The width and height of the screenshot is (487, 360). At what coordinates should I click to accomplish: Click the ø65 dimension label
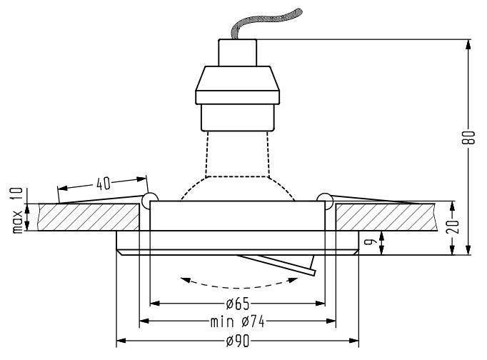(x=238, y=304)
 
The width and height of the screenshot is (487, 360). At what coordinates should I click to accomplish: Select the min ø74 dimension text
(x=238, y=321)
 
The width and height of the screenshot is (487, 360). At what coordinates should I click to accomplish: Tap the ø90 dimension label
(x=238, y=341)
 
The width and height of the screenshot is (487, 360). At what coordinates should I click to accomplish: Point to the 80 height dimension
(x=469, y=138)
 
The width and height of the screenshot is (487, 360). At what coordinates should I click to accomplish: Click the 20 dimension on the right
(x=453, y=226)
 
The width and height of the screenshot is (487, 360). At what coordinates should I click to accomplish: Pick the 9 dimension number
(x=368, y=241)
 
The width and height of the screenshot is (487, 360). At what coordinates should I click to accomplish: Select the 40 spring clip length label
(x=104, y=184)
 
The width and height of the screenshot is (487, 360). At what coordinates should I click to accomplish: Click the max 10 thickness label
(x=17, y=210)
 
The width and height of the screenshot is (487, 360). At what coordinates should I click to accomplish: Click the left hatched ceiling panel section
(x=89, y=217)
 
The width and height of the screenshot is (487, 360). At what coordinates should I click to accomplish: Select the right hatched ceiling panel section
(x=386, y=217)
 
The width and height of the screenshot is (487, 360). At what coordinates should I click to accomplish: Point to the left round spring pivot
(x=150, y=200)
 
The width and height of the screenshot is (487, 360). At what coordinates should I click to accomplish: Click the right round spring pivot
(x=325, y=200)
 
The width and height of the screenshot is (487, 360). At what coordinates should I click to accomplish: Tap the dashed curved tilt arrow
(x=239, y=284)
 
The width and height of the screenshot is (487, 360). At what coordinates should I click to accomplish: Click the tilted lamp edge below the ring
(x=276, y=264)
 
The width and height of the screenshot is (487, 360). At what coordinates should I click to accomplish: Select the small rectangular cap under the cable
(x=238, y=52)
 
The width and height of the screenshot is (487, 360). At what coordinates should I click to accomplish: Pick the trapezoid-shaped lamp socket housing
(x=238, y=85)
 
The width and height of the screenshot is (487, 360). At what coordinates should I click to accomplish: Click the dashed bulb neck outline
(x=238, y=154)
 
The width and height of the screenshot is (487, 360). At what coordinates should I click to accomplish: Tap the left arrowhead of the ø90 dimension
(x=121, y=341)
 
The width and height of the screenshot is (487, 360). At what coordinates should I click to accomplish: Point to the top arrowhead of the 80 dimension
(x=468, y=44)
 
